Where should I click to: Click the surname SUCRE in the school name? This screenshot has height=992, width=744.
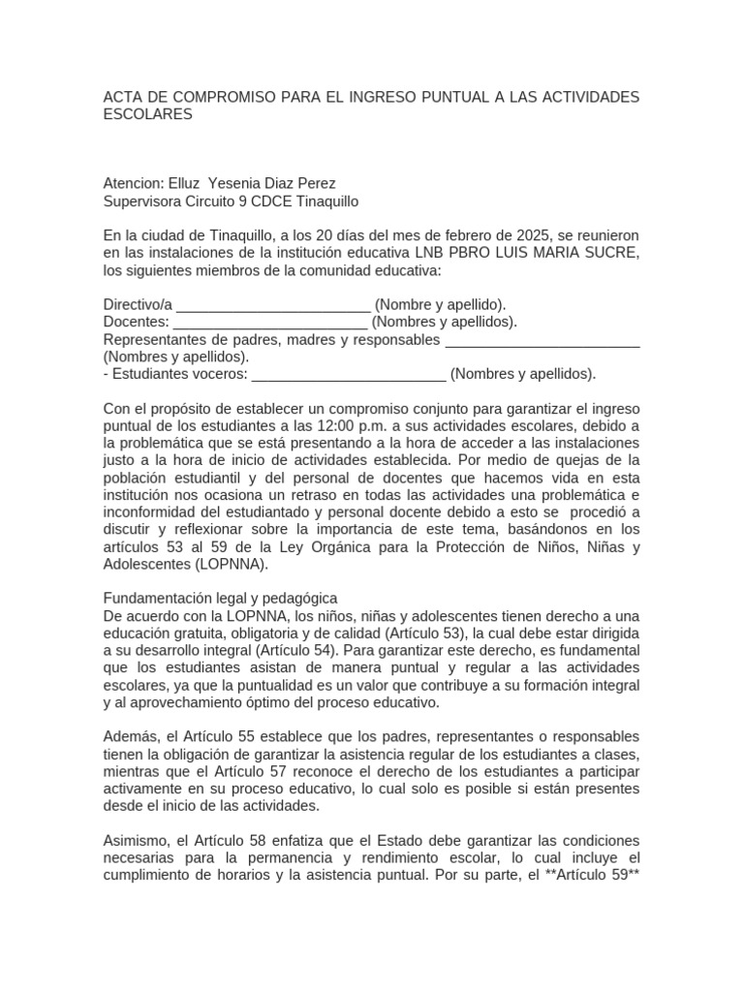pyautogui.click(x=610, y=253)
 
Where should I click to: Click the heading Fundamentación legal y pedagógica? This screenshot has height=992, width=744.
pyautogui.click(x=220, y=598)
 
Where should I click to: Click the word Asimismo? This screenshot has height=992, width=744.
pyautogui.click(x=136, y=841)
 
